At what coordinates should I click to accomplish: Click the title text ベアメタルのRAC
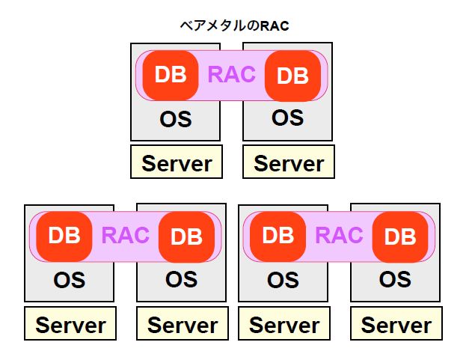[234, 25]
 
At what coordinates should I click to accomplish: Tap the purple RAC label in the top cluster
[232, 75]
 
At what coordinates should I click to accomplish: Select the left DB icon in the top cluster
[171, 75]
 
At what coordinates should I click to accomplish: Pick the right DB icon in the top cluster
[292, 76]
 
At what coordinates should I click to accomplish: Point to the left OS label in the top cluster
[176, 119]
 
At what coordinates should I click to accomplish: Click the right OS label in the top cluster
[288, 118]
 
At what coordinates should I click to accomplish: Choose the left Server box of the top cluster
[177, 162]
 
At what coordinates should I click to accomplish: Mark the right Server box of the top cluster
[289, 162]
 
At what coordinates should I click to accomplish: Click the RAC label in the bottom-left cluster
[126, 236]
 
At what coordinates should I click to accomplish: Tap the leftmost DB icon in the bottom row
[64, 237]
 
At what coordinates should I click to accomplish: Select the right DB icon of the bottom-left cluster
[186, 237]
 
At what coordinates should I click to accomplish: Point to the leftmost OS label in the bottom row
[70, 281]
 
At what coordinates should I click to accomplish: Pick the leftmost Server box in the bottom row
[70, 323]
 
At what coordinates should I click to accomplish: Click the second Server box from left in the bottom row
[183, 323]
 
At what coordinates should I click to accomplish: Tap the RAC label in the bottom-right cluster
[340, 236]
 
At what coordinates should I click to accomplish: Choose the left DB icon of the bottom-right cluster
[278, 237]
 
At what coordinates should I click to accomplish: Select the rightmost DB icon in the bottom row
[400, 237]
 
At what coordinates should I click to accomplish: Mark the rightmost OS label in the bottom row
[395, 279]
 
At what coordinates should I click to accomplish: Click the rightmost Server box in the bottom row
[396, 323]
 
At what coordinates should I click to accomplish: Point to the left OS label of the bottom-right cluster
[284, 281]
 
